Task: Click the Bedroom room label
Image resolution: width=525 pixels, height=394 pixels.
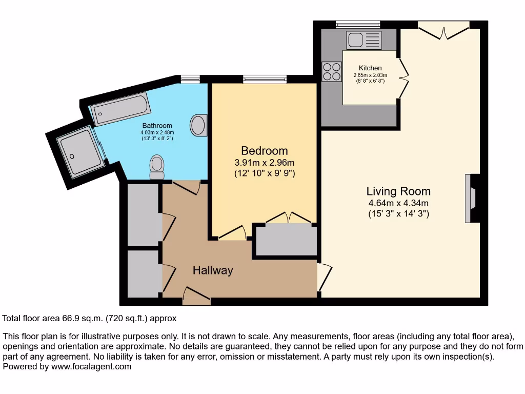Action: click(x=264, y=151)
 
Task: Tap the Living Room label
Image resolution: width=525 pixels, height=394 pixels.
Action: click(x=398, y=191)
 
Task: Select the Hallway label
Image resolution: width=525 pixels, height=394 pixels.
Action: click(x=213, y=270)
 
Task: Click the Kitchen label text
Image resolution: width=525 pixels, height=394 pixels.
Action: click(x=370, y=68)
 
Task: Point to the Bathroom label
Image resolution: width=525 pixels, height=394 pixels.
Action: click(x=157, y=126)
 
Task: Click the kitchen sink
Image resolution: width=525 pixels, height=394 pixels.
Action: click(x=364, y=40)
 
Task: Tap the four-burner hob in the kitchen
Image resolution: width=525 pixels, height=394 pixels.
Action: click(x=332, y=71)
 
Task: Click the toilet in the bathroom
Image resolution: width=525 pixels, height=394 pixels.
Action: click(x=157, y=167)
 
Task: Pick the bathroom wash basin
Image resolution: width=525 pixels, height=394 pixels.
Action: click(x=199, y=125)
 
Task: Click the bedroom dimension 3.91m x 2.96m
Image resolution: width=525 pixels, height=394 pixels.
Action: click(x=264, y=163)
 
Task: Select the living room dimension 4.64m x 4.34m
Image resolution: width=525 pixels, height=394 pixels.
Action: click(x=398, y=203)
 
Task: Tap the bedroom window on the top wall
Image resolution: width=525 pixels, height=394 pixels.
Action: click(x=265, y=79)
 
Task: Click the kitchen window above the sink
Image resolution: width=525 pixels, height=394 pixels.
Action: click(x=358, y=24)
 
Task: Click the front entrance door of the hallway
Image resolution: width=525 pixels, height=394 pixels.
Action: click(x=196, y=296)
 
